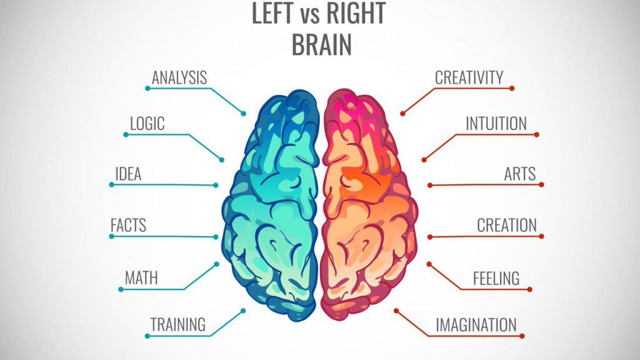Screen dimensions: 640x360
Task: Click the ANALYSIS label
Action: pos(179,77)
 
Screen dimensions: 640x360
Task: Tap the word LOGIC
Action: pos(147,124)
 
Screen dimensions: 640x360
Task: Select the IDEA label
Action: pos(128,174)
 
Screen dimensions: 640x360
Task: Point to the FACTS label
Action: pos(128,225)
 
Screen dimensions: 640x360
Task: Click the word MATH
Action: pos(141,278)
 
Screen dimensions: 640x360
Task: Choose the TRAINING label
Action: pos(178,325)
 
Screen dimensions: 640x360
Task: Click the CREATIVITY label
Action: pos(469,77)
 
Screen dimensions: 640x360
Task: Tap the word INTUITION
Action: pos(496,124)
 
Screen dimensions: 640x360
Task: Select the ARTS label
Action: pos(519,174)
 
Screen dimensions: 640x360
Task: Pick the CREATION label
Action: pos(506,225)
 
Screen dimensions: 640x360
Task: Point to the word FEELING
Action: pos(496,278)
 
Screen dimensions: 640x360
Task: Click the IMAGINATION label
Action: pos(476,325)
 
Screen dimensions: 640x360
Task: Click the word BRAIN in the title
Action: pos(322,44)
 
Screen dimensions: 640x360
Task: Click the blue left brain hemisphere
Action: pos(271,204)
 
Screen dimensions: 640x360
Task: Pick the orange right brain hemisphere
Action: pos(369,204)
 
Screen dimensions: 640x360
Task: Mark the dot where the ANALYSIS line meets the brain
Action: pos(244,114)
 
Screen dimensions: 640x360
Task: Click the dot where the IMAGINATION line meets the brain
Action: pos(396,311)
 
